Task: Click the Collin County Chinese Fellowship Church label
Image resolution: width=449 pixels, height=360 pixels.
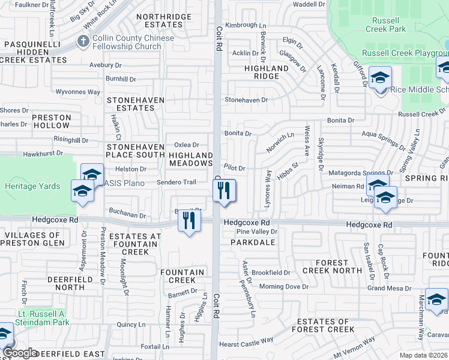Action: (x=127, y=42)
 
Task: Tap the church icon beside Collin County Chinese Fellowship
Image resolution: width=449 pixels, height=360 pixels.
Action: (x=82, y=42)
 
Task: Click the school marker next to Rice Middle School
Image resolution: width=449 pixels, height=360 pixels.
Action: (x=380, y=79)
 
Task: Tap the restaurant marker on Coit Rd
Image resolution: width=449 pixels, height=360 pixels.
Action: (x=224, y=191)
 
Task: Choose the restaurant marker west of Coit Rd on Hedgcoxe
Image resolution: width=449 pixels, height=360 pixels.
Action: (x=189, y=221)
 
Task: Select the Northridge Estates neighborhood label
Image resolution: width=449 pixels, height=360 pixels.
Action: (x=160, y=21)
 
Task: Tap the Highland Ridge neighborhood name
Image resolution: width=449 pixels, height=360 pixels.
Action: (x=266, y=73)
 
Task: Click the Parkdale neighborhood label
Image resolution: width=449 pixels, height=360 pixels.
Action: (x=252, y=242)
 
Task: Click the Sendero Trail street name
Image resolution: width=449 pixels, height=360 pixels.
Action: (x=176, y=182)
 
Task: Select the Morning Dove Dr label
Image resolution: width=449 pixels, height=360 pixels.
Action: (x=283, y=287)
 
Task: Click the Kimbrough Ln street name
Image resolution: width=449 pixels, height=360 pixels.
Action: (x=246, y=25)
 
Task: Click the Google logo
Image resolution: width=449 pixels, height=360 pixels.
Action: (x=19, y=353)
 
